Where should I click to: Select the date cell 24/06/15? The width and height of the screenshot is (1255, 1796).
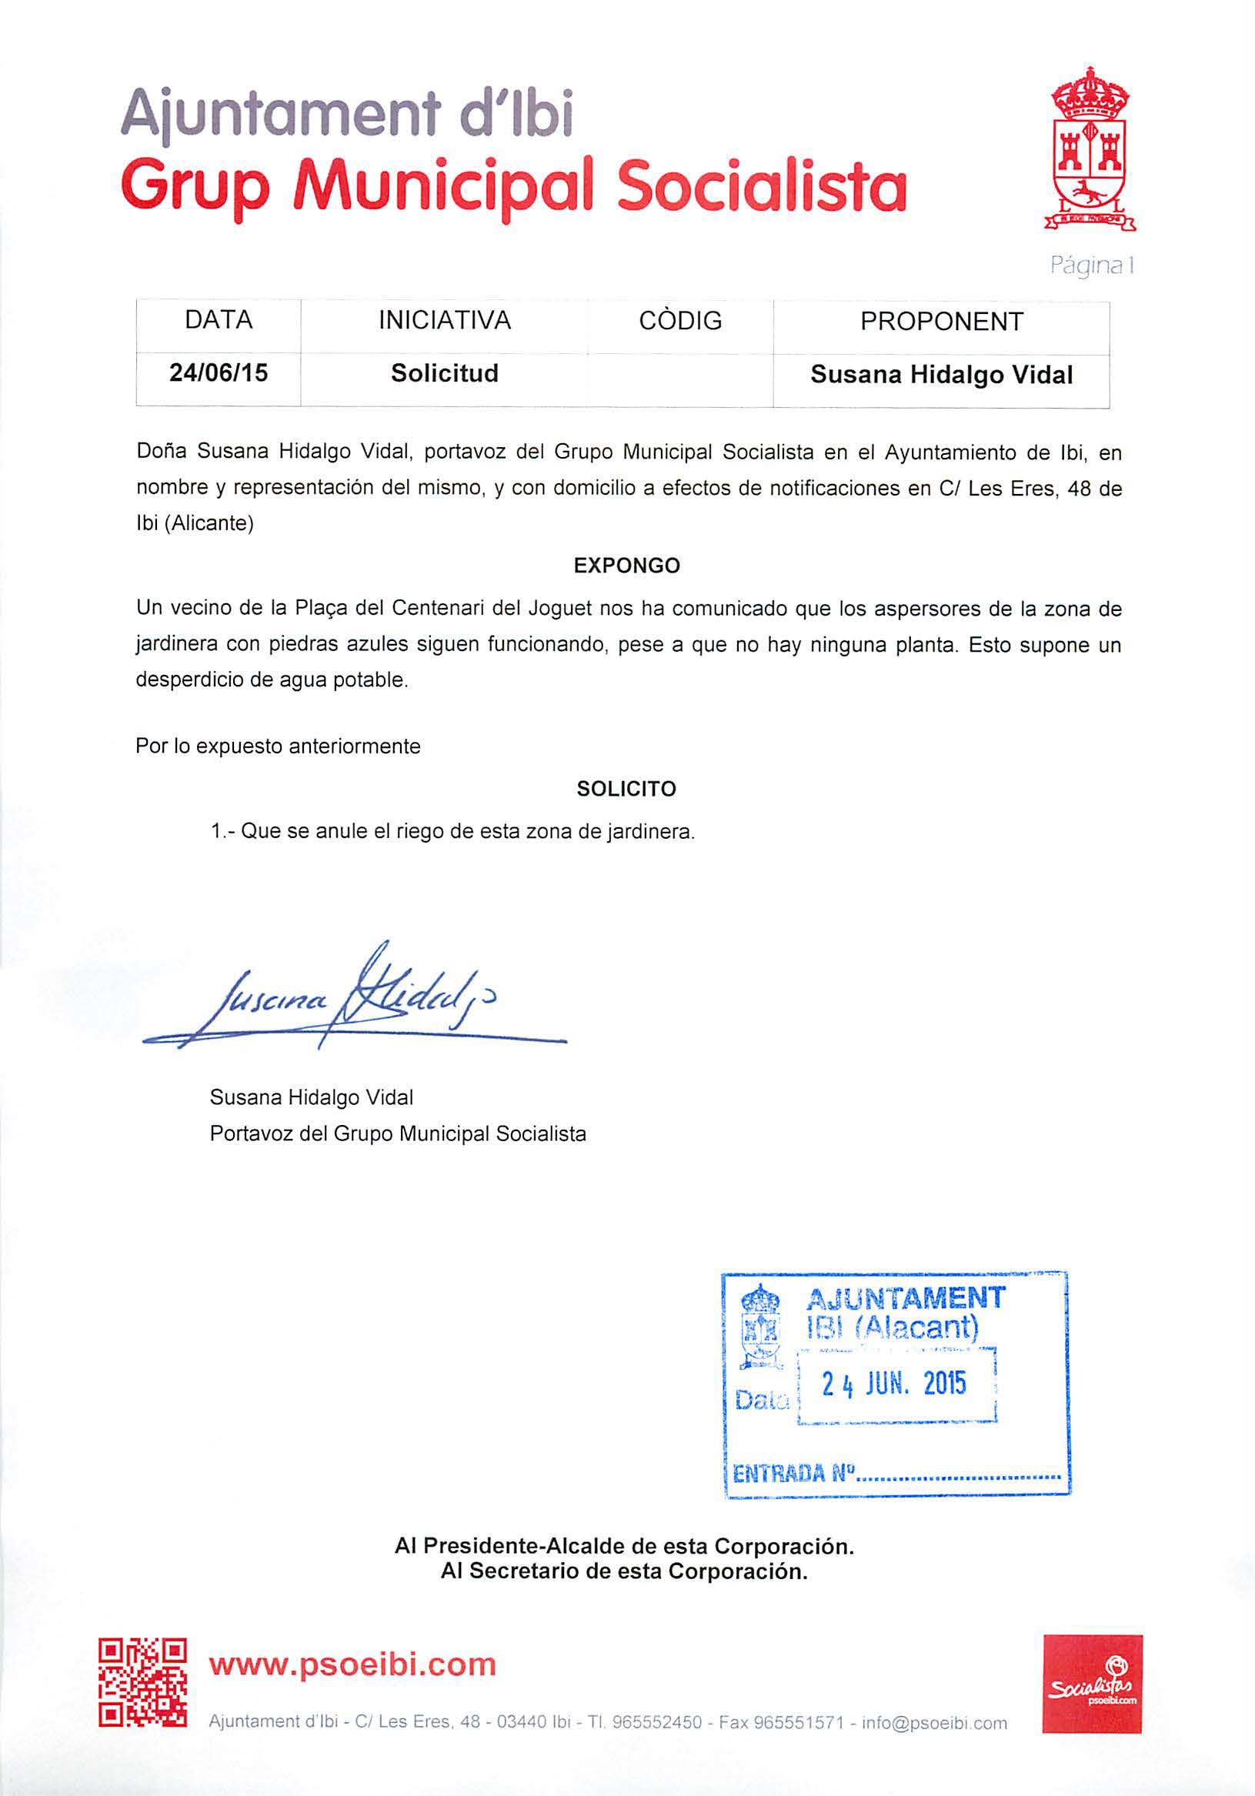(219, 373)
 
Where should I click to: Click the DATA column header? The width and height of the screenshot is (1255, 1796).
(219, 320)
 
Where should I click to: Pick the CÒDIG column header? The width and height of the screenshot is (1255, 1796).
(680, 321)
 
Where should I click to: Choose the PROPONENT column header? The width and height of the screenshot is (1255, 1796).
(941, 322)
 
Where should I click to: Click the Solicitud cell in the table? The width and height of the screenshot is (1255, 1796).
(445, 373)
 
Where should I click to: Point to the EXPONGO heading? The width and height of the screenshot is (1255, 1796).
(626, 566)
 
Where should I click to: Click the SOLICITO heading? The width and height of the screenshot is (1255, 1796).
(626, 789)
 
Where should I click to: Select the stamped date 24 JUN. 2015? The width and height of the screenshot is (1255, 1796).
(894, 1384)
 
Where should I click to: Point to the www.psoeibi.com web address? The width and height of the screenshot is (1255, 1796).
(352, 1664)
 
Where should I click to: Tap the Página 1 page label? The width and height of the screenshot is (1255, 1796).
(1091, 266)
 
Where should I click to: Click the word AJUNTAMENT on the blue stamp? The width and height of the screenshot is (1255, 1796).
(904, 1297)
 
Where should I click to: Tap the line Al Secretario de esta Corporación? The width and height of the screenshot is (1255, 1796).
(623, 1571)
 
